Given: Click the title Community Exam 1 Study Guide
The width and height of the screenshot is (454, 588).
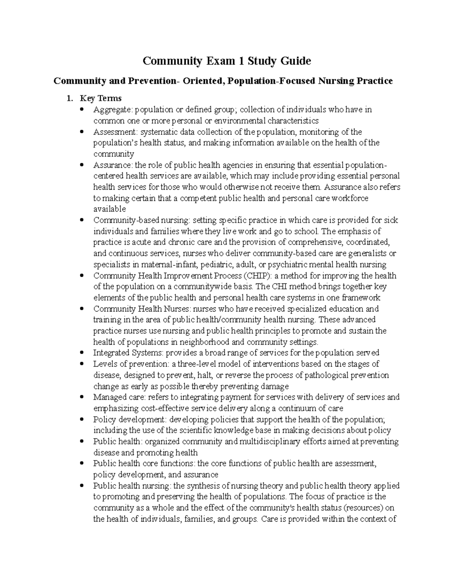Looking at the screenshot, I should coord(227,61).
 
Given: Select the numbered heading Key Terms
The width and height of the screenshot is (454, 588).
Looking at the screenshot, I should coord(100,98).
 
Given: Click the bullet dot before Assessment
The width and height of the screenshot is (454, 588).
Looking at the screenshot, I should coord(82,132).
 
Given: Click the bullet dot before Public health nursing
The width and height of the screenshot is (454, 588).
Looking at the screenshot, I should coord(82,486).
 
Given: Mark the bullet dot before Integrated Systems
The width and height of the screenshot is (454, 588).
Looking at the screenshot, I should coord(82,353).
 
